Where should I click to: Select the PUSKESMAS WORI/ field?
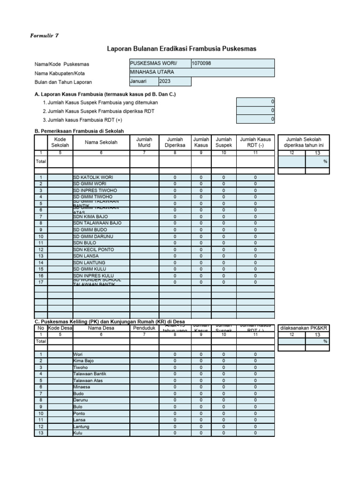[159, 64]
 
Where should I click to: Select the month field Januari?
[143, 82]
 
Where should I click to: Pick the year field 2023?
[175, 82]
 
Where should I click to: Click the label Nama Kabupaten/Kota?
[60, 73]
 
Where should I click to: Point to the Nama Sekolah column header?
[101, 142]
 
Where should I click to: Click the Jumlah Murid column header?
[144, 142]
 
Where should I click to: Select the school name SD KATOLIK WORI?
[93, 178]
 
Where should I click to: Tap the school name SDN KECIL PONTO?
[93, 250]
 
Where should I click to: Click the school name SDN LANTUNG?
[90, 263]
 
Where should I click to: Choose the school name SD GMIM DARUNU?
[93, 237]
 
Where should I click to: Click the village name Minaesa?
[82, 387]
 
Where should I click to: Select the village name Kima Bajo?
[83, 361]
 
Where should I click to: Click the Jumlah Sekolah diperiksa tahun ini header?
[304, 142]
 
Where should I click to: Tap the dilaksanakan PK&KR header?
[304, 329]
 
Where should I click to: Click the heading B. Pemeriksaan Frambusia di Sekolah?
[79, 131]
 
